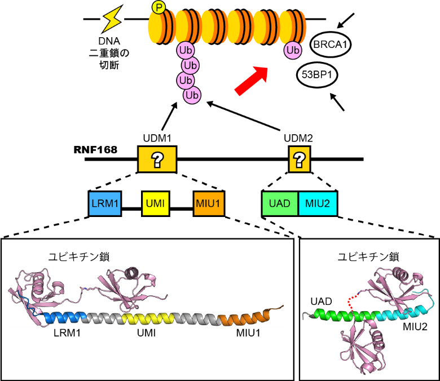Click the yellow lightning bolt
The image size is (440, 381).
[x=112, y=20]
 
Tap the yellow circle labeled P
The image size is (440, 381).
[x=158, y=7]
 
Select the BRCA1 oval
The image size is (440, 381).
[x=331, y=45]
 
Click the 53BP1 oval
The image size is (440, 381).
[x=317, y=75]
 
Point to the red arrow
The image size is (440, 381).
[x=251, y=81]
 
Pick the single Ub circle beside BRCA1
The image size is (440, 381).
[x=292, y=51]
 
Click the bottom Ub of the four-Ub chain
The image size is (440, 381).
[x=192, y=95]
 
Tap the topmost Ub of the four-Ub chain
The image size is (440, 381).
[x=185, y=51]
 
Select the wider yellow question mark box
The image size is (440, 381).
[x=157, y=160]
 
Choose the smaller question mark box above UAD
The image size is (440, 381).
[x=299, y=160]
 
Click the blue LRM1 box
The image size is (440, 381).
[x=105, y=203]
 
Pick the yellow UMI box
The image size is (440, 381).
[x=156, y=203]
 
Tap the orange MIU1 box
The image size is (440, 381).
[x=209, y=203]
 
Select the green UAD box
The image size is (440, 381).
[x=280, y=203]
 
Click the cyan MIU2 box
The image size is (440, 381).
[x=318, y=203]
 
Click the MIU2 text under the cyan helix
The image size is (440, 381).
[x=415, y=326]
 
